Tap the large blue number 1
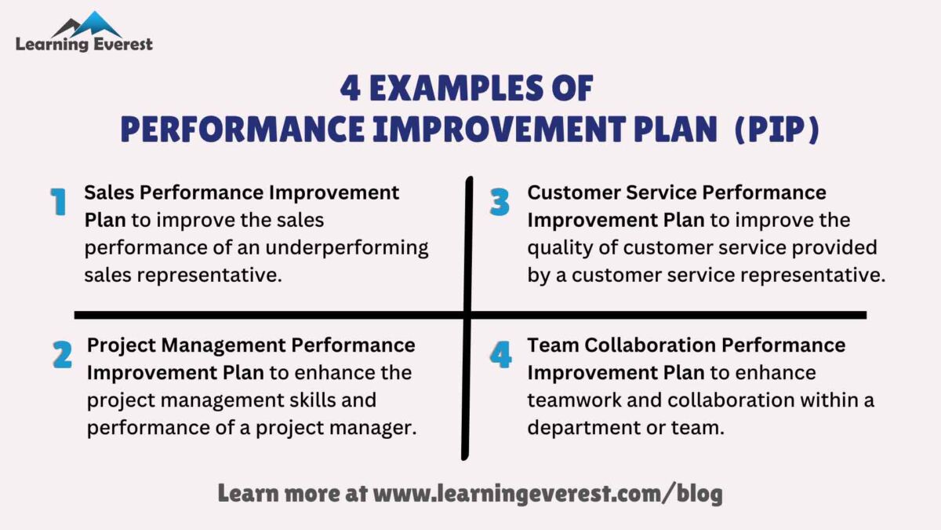[x=58, y=203]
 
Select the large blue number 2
[x=62, y=355]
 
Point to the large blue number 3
[x=500, y=203]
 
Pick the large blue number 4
[x=500, y=355]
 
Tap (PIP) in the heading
[x=776, y=130]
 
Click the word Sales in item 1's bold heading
[x=109, y=192]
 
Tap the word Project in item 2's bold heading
[x=118, y=345]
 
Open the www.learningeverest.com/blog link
[x=547, y=494]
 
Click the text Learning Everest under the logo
[x=84, y=45]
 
